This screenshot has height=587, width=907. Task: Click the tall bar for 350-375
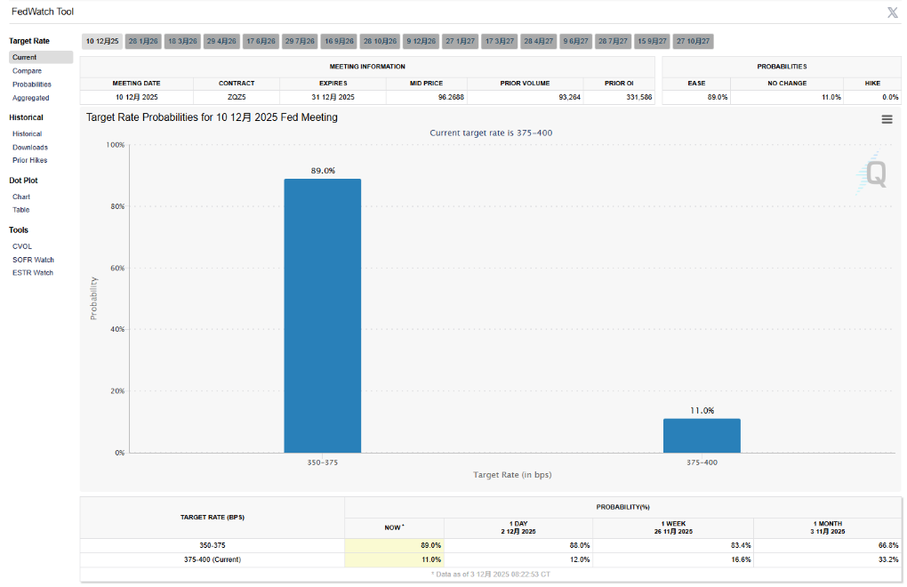322,316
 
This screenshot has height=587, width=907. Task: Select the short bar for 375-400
702,436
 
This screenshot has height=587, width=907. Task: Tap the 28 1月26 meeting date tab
143,41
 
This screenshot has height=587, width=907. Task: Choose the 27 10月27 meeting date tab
693,41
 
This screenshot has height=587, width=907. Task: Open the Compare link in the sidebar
27,70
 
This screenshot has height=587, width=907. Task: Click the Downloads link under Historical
30,147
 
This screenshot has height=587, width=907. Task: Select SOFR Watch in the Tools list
33,260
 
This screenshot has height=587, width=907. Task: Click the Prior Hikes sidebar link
30,160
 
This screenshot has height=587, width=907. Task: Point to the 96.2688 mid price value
427,97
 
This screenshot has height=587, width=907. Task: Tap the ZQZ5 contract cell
237,97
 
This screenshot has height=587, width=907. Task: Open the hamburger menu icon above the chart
887,119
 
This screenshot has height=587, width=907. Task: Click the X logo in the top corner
892,12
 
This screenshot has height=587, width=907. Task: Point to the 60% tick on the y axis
116,268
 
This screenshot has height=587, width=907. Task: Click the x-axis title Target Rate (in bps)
512,475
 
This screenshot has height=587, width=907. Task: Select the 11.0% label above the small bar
702,410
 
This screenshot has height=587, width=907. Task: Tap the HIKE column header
872,83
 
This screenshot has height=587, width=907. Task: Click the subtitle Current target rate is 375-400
491,133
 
